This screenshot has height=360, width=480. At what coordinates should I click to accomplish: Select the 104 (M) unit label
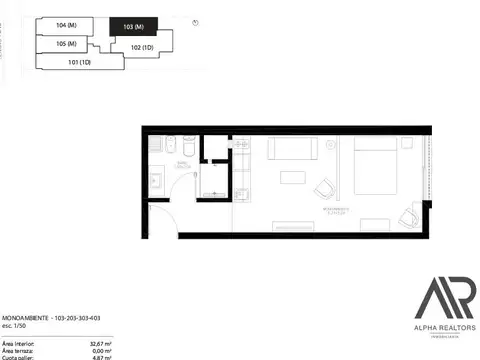[x=66, y=23]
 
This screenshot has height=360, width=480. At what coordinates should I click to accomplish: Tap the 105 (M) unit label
[x=67, y=44]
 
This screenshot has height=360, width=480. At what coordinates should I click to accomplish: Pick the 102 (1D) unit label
[x=142, y=46]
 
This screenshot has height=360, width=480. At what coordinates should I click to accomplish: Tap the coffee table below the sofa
[x=293, y=178]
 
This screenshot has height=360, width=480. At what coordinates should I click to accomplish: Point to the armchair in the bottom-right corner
[x=408, y=215]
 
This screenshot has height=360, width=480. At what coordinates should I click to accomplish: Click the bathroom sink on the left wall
[x=157, y=182]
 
